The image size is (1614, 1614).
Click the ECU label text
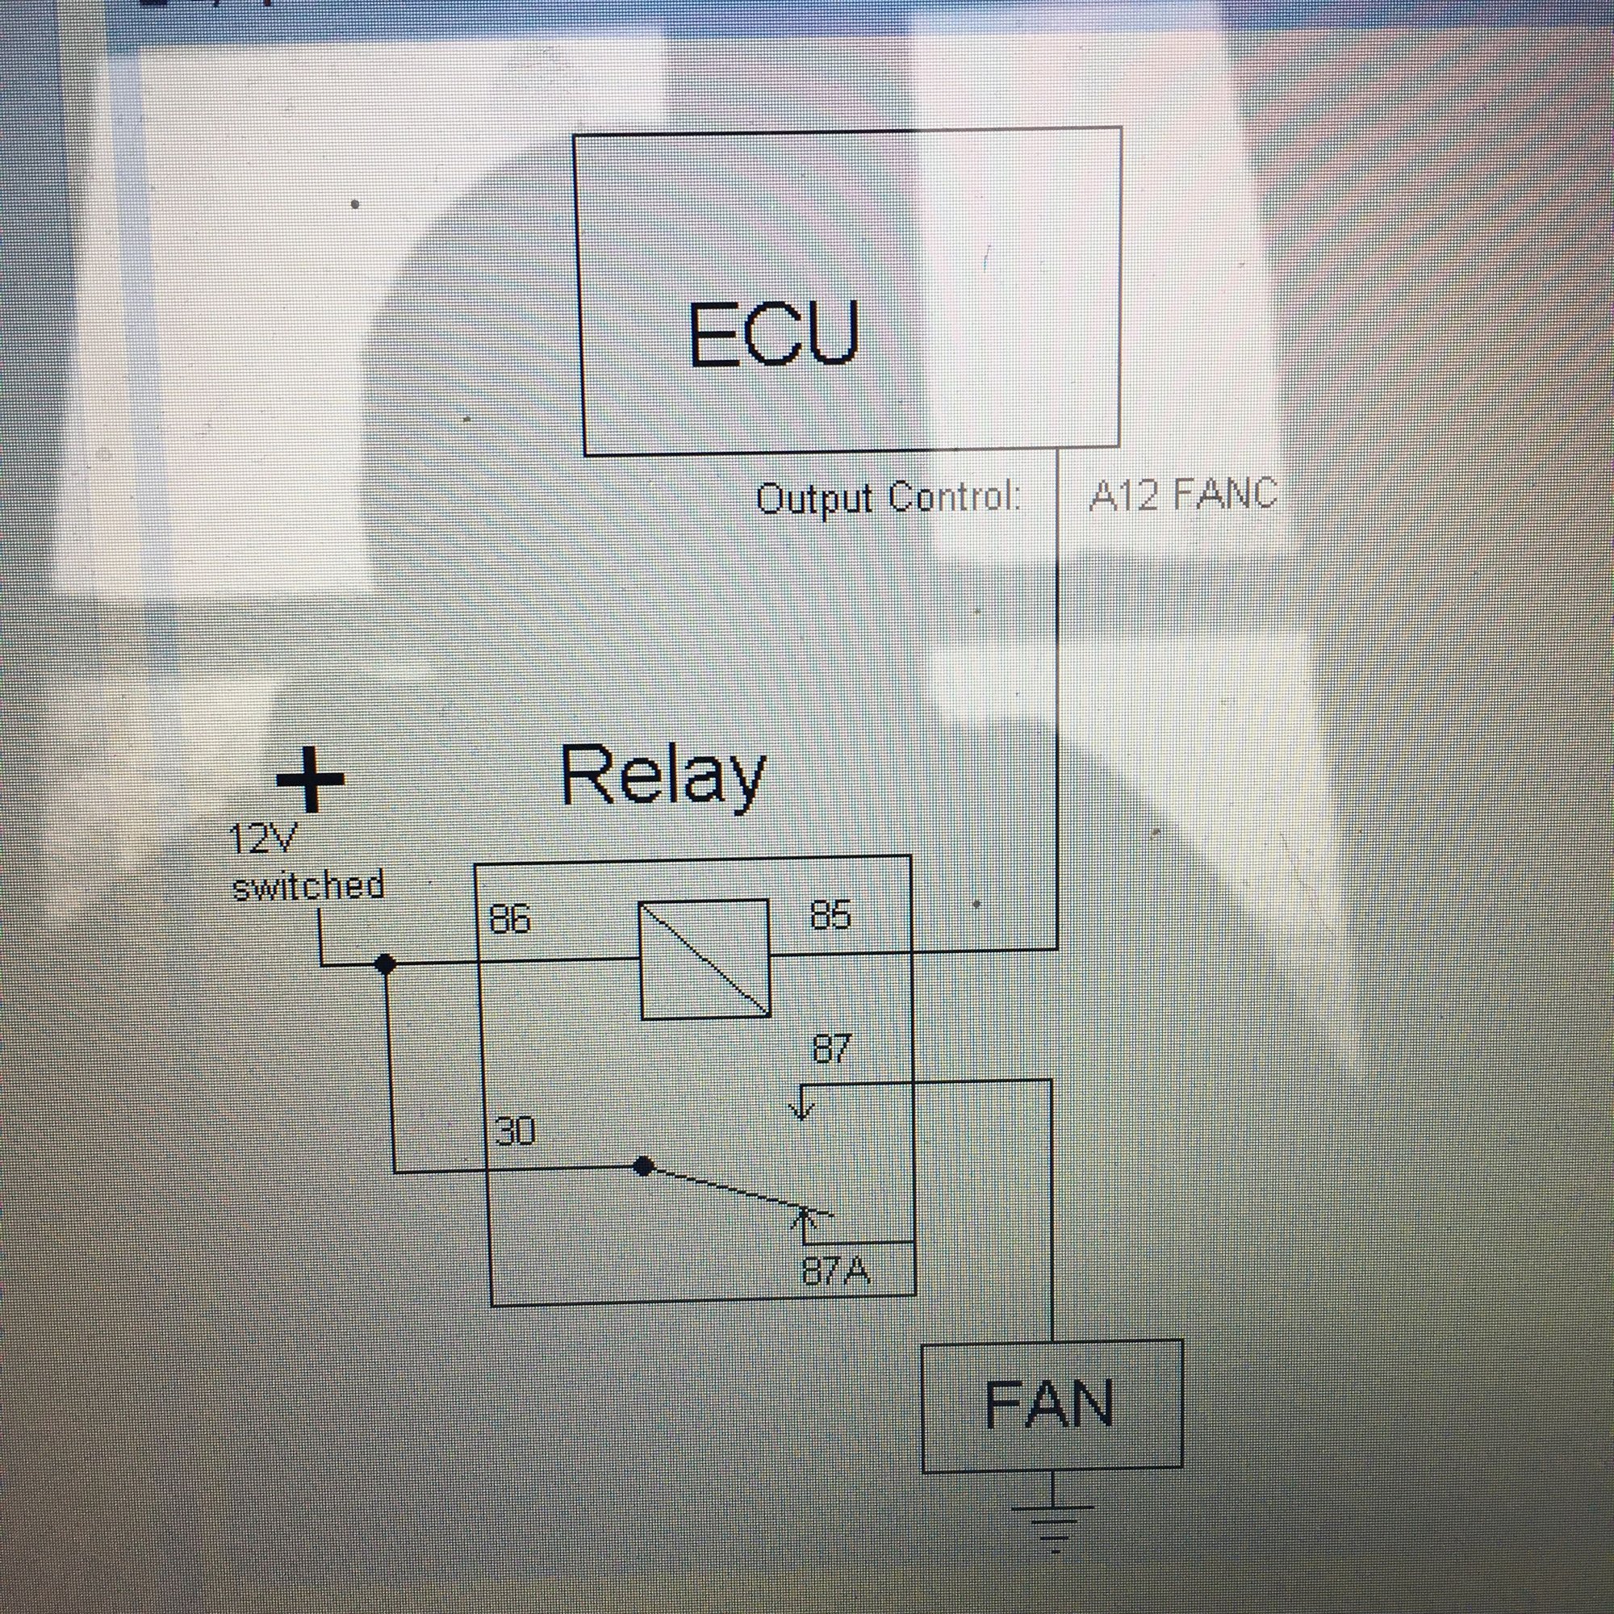click(x=773, y=333)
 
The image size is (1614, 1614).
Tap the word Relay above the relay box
click(x=663, y=776)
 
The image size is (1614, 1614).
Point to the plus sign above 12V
click(x=310, y=780)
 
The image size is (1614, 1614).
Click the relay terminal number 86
click(x=509, y=920)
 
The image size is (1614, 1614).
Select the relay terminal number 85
click(x=830, y=917)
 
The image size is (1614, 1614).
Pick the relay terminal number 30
click(x=515, y=1132)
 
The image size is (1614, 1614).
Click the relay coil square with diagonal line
click(x=705, y=959)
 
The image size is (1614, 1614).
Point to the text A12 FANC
click(x=1183, y=495)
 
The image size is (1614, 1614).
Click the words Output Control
click(x=888, y=499)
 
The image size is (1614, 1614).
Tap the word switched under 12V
click(x=308, y=885)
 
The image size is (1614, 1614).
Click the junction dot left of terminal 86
click(x=384, y=964)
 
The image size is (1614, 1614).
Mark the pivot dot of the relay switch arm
click(x=642, y=1166)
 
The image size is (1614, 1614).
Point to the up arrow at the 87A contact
click(x=805, y=1222)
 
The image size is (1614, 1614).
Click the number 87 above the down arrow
click(x=832, y=1049)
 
